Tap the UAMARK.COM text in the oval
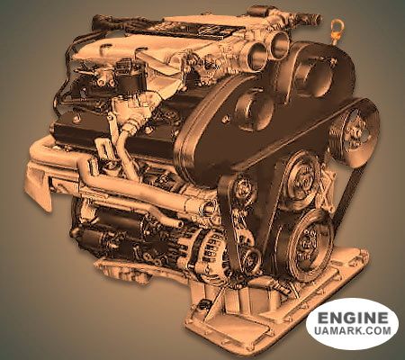point(353,330)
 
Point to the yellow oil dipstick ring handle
point(336,23)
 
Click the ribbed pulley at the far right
point(354,132)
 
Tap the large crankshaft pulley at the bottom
point(304,246)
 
